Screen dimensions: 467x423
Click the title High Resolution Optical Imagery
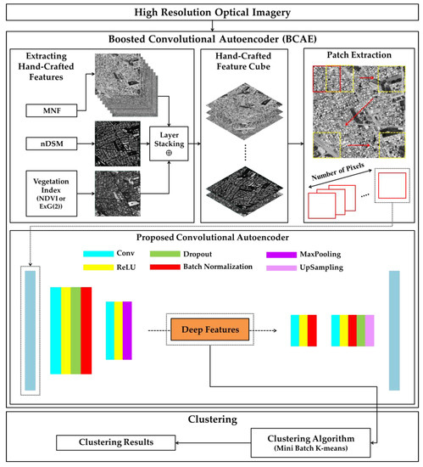click(x=211, y=13)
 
